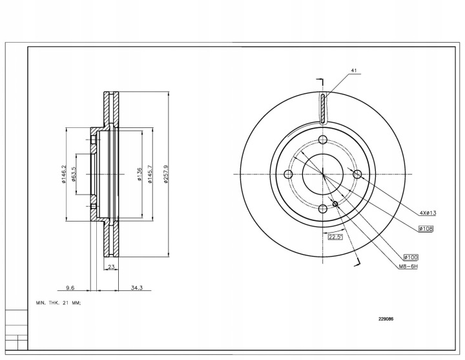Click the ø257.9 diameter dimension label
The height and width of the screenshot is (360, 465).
click(x=166, y=175)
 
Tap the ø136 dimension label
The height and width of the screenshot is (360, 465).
click(x=139, y=175)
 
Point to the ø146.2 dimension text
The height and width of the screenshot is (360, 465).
click(x=65, y=175)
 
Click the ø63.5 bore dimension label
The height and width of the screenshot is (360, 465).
click(x=74, y=175)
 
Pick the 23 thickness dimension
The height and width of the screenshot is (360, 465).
click(x=111, y=266)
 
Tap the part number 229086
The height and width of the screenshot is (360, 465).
click(x=386, y=318)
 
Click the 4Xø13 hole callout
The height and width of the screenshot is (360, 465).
click(x=428, y=212)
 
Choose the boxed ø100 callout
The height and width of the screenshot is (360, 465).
click(x=410, y=257)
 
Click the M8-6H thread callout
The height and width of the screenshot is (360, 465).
click(x=408, y=266)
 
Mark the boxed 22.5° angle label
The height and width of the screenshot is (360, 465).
click(x=335, y=237)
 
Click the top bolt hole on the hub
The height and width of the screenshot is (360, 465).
click(x=323, y=141)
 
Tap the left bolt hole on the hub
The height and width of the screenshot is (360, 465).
click(x=289, y=175)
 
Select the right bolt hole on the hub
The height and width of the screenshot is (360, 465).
click(x=356, y=175)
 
